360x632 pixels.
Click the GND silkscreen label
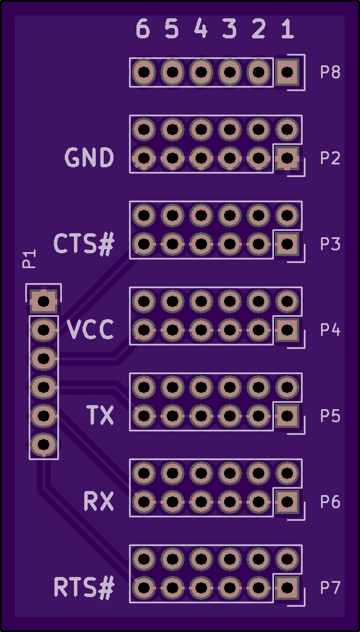point(89,158)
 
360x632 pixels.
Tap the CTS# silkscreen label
point(84,244)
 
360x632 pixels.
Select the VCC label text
point(91,330)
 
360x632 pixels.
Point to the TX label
point(100,415)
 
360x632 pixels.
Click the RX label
point(99,502)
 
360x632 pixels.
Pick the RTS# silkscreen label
point(84,588)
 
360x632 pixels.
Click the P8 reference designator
point(330,73)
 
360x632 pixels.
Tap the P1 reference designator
point(29,259)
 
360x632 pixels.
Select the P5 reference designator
point(330,416)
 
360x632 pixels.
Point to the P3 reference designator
point(330,244)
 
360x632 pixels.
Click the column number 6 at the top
point(143,29)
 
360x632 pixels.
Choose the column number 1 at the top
point(287,29)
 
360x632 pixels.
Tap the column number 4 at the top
point(201,29)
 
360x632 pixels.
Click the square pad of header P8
point(287,73)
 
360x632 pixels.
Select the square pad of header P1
point(44,301)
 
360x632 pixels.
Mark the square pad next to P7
point(287,588)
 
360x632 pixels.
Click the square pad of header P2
point(287,158)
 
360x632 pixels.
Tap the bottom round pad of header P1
point(44,445)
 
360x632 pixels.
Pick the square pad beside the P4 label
point(287,330)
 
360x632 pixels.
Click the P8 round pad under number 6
point(143,73)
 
